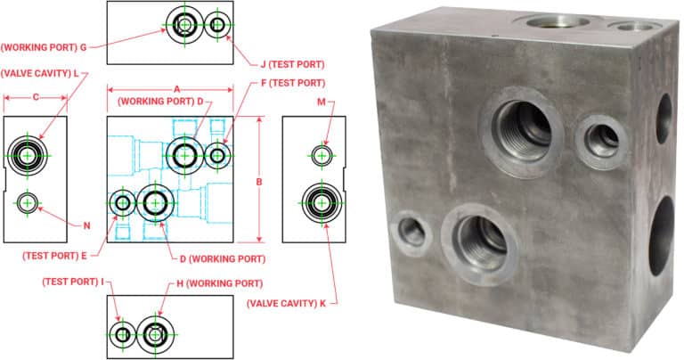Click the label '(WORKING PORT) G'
[x=44, y=45]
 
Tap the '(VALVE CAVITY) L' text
[x=40, y=73]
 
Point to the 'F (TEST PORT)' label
[x=287, y=83]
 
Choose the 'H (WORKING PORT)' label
[x=218, y=282]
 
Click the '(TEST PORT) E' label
[x=55, y=255]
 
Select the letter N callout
[x=87, y=225]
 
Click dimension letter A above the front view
[x=176, y=88]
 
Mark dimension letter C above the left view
[x=36, y=97]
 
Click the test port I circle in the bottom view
[x=122, y=333]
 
